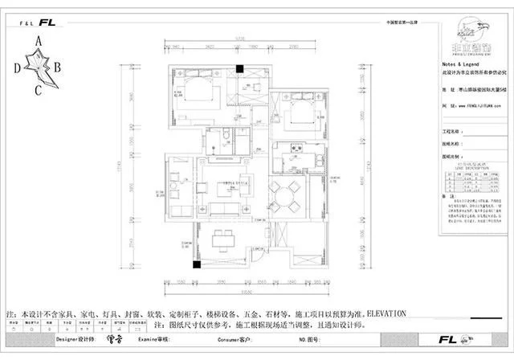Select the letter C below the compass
tap(38, 89)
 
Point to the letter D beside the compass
tap(16, 69)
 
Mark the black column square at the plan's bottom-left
tap(195, 264)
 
